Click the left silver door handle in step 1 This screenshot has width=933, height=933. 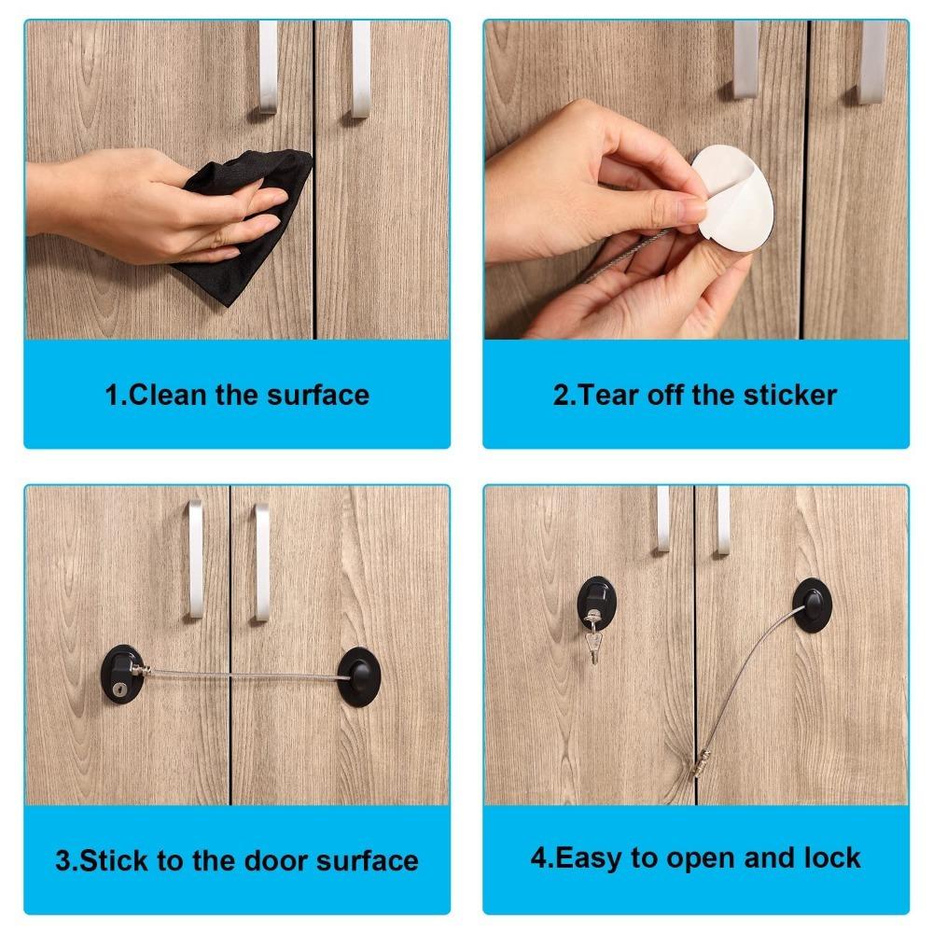pos(268,67)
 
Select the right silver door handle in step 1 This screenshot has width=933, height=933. pos(360,69)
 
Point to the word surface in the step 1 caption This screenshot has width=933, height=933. pos(318,395)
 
